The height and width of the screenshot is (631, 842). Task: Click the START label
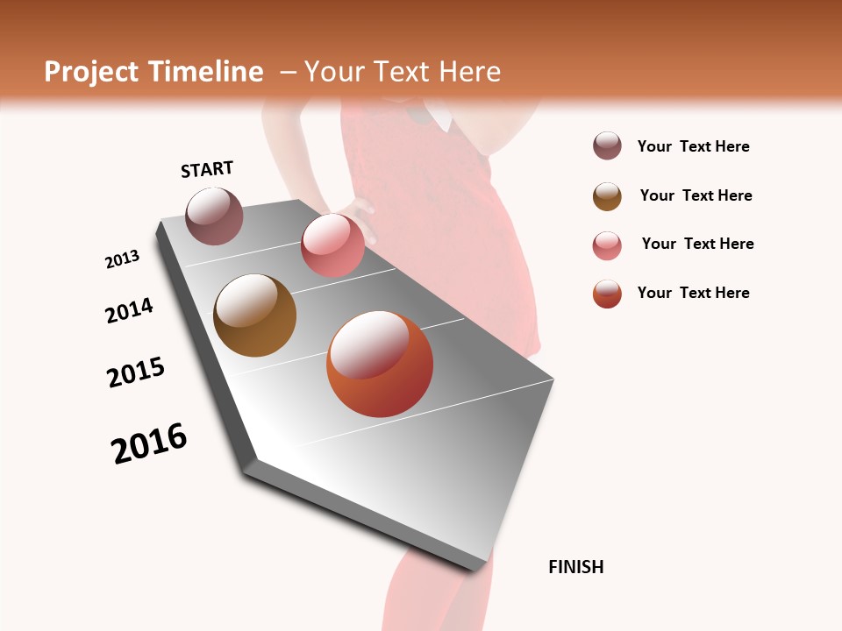[207, 169]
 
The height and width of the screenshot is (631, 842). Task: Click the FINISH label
[576, 567]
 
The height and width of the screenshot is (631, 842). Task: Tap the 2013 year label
[122, 259]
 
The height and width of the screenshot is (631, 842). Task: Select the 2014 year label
[129, 310]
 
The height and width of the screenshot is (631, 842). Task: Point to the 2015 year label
[136, 372]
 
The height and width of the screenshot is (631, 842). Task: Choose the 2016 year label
[149, 443]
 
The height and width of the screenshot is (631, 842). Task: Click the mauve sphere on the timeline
[215, 216]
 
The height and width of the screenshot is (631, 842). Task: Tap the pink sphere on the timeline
[332, 245]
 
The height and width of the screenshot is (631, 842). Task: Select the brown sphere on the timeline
[254, 315]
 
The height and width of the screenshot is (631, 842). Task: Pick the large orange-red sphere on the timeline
[380, 364]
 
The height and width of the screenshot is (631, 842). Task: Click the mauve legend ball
[607, 146]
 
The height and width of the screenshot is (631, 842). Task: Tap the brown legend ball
[607, 196]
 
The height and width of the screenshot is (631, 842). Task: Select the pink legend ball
[607, 245]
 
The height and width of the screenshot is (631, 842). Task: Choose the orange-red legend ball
[607, 294]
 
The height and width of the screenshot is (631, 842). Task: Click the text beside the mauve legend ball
[693, 146]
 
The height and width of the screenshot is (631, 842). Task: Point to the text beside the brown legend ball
[696, 195]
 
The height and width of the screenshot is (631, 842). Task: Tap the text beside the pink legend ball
[697, 244]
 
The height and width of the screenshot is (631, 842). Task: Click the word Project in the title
[91, 72]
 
